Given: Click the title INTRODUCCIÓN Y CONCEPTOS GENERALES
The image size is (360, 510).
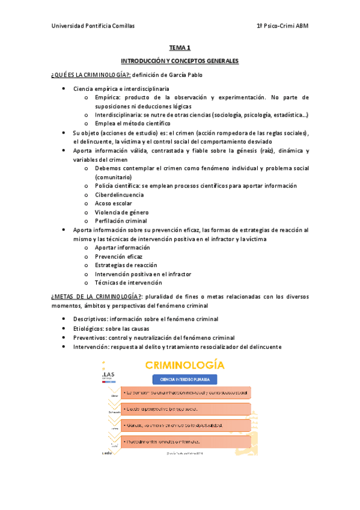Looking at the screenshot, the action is [x=180, y=61].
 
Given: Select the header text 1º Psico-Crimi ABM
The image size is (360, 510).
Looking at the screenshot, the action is [x=282, y=26].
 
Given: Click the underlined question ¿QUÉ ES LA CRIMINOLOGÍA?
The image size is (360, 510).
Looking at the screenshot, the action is [x=91, y=75].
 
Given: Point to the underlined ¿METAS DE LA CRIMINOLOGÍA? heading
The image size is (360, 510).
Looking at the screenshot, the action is [x=96, y=296].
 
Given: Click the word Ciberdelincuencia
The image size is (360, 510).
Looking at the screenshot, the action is [x=119, y=195].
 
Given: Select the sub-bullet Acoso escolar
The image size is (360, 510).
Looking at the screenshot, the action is [x=112, y=203].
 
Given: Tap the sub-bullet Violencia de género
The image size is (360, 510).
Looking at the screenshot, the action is [x=121, y=212].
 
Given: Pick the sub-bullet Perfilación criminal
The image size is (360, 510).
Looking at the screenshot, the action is [x=120, y=221].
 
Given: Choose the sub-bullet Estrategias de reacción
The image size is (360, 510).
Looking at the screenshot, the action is [x=126, y=265].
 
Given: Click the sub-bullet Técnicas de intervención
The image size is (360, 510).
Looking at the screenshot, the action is [x=128, y=282].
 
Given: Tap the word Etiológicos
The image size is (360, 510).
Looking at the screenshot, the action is [x=88, y=329].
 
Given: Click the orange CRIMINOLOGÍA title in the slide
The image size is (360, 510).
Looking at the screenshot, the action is [x=183, y=365].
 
